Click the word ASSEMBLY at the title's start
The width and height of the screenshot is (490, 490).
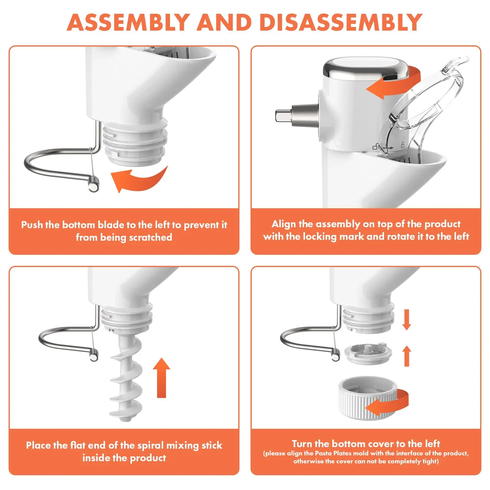pyautogui.click(x=129, y=22)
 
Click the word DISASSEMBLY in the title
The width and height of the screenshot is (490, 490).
pyautogui.click(x=341, y=22)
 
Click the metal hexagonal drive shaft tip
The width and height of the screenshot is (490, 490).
pyautogui.click(x=281, y=116)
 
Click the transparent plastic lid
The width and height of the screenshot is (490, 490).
pyautogui.click(x=429, y=101)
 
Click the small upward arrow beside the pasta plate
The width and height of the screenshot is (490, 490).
pyautogui.click(x=406, y=356)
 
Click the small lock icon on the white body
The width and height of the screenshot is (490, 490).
pyautogui.click(x=403, y=145)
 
